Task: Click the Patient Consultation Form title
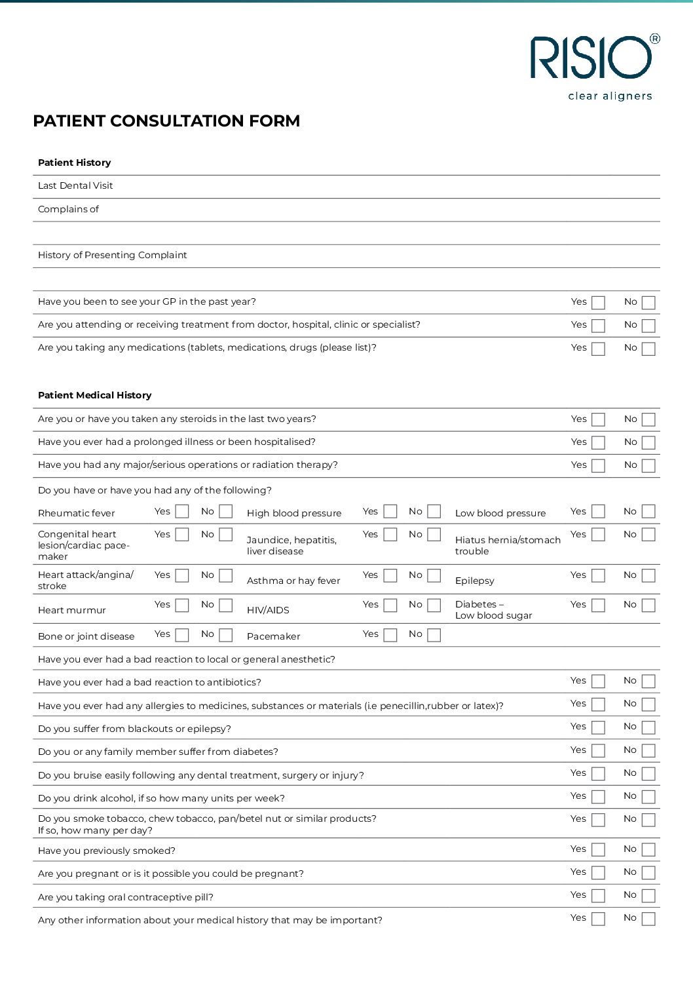(x=166, y=121)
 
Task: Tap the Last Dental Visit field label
(x=75, y=185)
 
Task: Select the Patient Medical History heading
(x=94, y=395)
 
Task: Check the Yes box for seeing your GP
(x=598, y=303)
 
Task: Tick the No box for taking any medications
(x=648, y=349)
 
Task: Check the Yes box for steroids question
(x=598, y=420)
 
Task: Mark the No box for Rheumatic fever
(x=226, y=511)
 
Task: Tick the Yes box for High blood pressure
(x=390, y=511)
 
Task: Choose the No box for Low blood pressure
(x=648, y=511)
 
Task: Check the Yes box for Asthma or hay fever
(x=390, y=575)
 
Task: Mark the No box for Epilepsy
(x=648, y=575)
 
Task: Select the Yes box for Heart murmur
(x=182, y=605)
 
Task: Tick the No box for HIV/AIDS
(x=434, y=605)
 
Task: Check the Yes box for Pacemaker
(x=390, y=634)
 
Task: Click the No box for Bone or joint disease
(x=226, y=634)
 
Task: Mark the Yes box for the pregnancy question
(x=598, y=873)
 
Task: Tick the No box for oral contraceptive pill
(x=648, y=896)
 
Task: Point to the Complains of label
(x=68, y=209)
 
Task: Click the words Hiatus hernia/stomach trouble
(x=508, y=545)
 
